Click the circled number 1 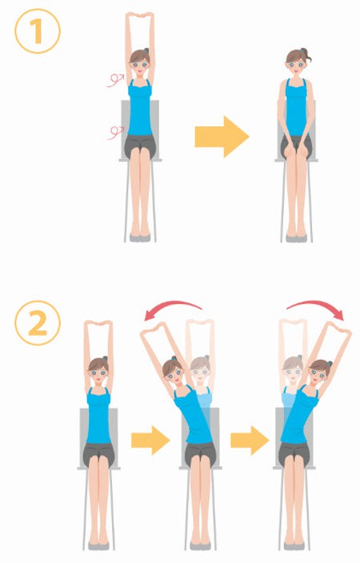click(x=38, y=31)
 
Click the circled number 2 click(x=38, y=323)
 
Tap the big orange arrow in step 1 click(x=222, y=137)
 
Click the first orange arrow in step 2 click(x=150, y=440)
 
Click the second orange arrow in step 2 click(x=250, y=440)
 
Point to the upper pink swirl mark click(x=115, y=80)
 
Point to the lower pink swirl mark click(x=115, y=133)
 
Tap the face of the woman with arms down click(x=296, y=67)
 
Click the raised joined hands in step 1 click(x=140, y=14)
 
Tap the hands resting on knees click(x=297, y=151)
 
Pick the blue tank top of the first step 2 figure click(x=98, y=416)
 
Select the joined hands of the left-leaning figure click(x=155, y=327)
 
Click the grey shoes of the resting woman click(x=297, y=238)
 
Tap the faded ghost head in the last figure click(x=293, y=369)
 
